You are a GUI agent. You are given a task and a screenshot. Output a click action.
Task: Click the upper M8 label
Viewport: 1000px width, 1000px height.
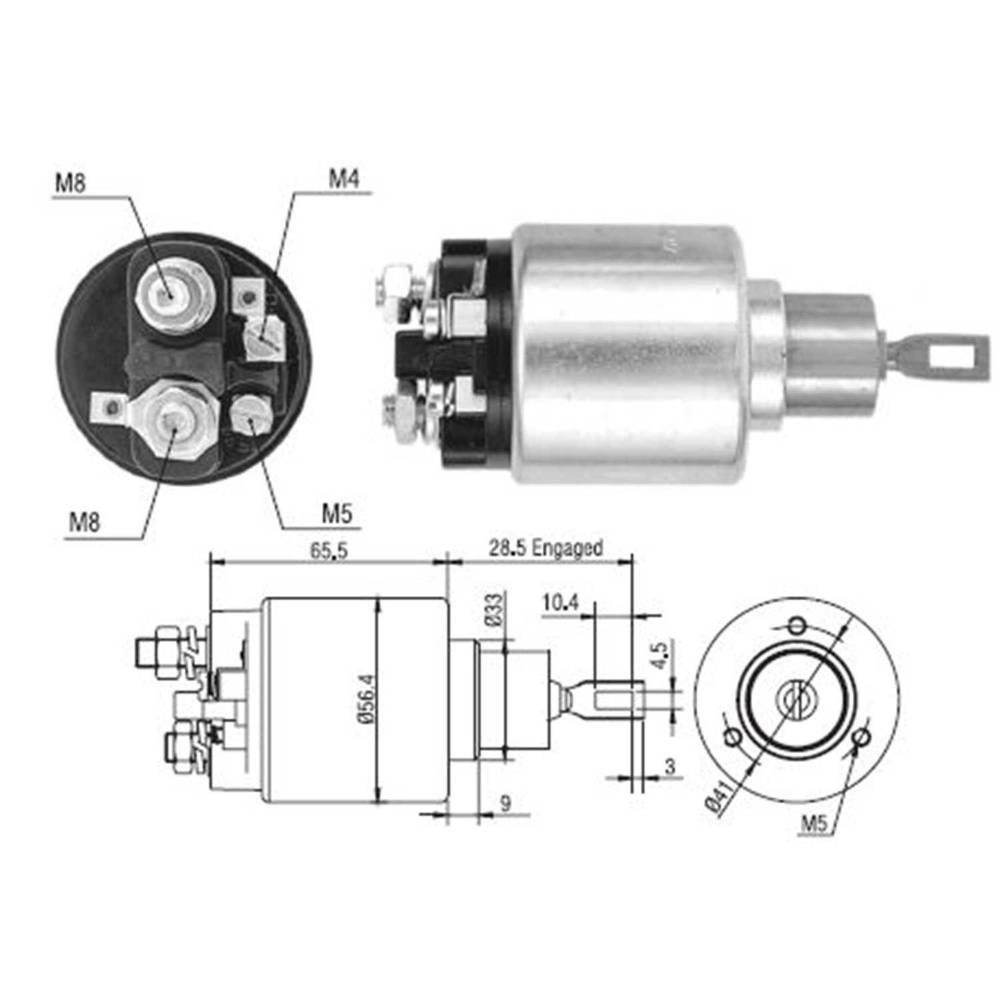point(70,182)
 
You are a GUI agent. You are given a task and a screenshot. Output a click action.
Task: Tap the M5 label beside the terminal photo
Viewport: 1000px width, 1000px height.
point(337,513)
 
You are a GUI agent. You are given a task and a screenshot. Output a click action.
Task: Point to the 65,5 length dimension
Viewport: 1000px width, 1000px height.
point(329,551)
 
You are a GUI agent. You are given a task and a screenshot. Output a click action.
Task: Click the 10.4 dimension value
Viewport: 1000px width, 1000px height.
point(560,603)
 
